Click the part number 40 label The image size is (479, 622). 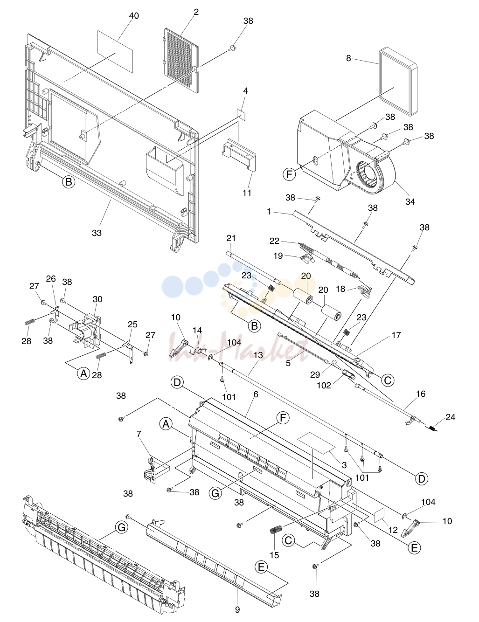(134, 16)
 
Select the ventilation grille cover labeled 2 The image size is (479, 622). (181, 60)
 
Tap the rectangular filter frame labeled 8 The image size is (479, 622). (398, 82)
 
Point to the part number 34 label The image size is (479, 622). (410, 201)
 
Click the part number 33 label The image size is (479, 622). (97, 233)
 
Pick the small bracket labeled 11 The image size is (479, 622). (238, 155)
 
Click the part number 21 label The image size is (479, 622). (231, 238)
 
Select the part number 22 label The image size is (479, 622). (274, 241)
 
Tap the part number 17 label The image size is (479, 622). (396, 335)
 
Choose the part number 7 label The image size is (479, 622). (139, 434)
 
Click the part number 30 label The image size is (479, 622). (97, 299)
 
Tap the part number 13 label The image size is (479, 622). (258, 355)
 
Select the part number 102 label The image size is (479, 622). (324, 385)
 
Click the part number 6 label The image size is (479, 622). (256, 394)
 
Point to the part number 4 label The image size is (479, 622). (245, 91)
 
